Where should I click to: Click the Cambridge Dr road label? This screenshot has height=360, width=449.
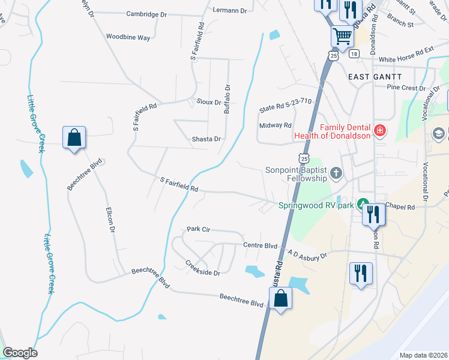tap(146, 14)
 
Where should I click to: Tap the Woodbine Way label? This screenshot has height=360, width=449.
tap(128, 37)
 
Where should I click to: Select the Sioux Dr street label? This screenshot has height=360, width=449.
tap(209, 102)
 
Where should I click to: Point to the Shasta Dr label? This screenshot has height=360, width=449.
tap(206, 139)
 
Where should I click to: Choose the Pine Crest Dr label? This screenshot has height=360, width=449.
tap(405, 88)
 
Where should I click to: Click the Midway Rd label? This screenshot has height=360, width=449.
tap(275, 125)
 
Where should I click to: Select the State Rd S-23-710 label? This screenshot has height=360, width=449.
tap(286, 106)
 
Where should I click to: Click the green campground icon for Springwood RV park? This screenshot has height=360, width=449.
tap(363, 205)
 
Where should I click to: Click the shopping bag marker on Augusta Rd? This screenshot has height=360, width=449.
tap(280, 298)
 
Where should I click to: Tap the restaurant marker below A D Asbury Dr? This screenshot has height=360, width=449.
tap(361, 273)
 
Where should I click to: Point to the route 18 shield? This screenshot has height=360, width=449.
tap(354, 54)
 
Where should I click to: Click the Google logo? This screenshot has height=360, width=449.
tap(20, 353)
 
